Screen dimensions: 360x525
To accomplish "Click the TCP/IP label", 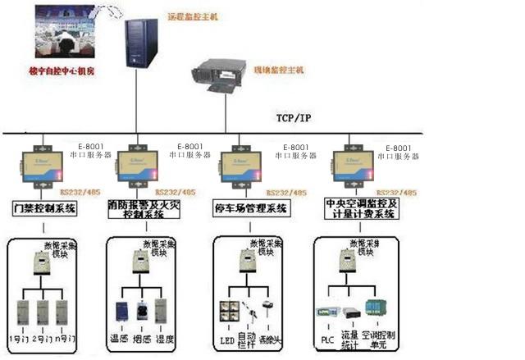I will [293, 118].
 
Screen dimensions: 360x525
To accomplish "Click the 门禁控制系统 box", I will [44, 208].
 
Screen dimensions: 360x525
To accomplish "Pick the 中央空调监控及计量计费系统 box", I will [360, 208].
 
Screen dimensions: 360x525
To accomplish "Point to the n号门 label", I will [66, 339].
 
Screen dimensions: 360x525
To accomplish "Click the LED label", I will [227, 339].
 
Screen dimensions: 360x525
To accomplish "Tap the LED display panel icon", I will [227, 311].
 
